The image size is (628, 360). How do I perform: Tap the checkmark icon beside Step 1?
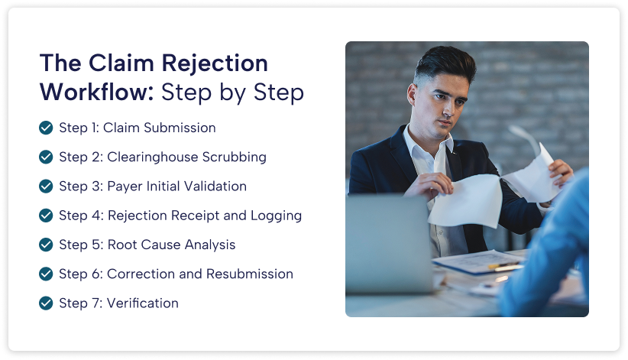click(46, 128)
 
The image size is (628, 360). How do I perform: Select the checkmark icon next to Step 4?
click(46, 216)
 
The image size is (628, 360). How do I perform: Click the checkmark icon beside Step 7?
click(46, 303)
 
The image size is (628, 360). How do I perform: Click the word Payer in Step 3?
click(125, 186)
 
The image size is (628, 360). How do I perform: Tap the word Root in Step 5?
click(121, 245)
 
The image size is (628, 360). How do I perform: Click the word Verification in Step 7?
click(143, 303)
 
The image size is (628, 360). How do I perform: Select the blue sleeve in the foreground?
click(554, 252)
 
